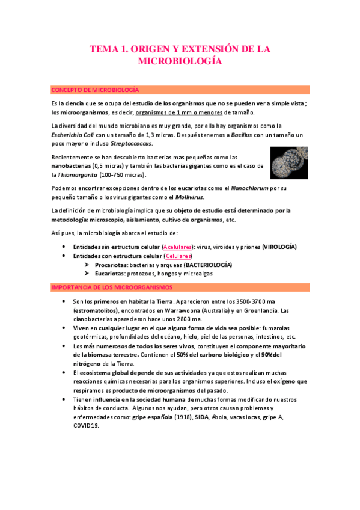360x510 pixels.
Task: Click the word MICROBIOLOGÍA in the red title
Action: click(180, 61)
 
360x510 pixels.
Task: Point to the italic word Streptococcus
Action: click(132, 144)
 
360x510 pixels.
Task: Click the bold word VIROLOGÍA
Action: click(279, 247)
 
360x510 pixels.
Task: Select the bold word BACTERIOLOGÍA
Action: click(208, 265)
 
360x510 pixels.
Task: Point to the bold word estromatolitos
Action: click(92, 311)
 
